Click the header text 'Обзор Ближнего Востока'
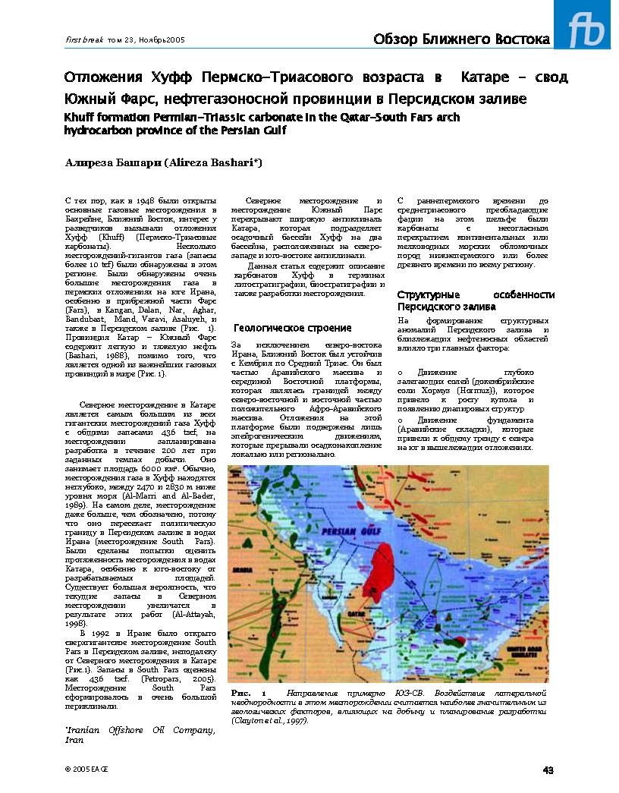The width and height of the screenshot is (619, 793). click(461, 39)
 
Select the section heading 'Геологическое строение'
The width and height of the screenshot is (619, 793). click(292, 328)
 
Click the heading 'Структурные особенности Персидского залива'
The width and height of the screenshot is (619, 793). click(473, 301)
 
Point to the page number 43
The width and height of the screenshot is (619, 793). click(548, 770)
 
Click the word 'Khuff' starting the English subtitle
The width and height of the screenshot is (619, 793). click(80, 118)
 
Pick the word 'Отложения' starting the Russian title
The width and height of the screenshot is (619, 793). click(94, 78)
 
